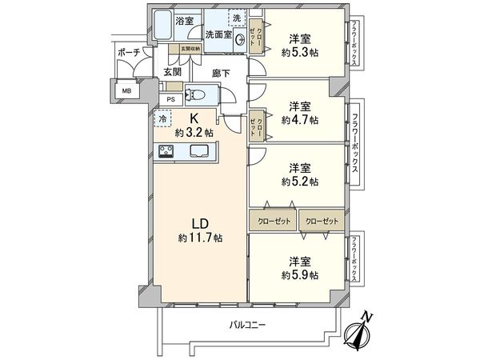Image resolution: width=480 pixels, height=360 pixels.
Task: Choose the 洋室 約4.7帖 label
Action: coord(300,113)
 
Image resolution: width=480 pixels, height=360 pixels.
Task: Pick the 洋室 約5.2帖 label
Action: coord(300,174)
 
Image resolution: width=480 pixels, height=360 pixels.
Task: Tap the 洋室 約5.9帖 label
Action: coord(300,267)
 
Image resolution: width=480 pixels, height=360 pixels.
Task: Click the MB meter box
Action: coord(126,91)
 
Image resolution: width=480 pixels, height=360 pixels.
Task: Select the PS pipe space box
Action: coord(170,98)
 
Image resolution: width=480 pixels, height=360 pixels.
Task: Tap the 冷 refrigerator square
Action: coord(162,120)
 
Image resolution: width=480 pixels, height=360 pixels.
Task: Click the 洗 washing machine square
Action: coord(237,18)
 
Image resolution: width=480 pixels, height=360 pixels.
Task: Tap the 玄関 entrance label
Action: coord(173,71)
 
